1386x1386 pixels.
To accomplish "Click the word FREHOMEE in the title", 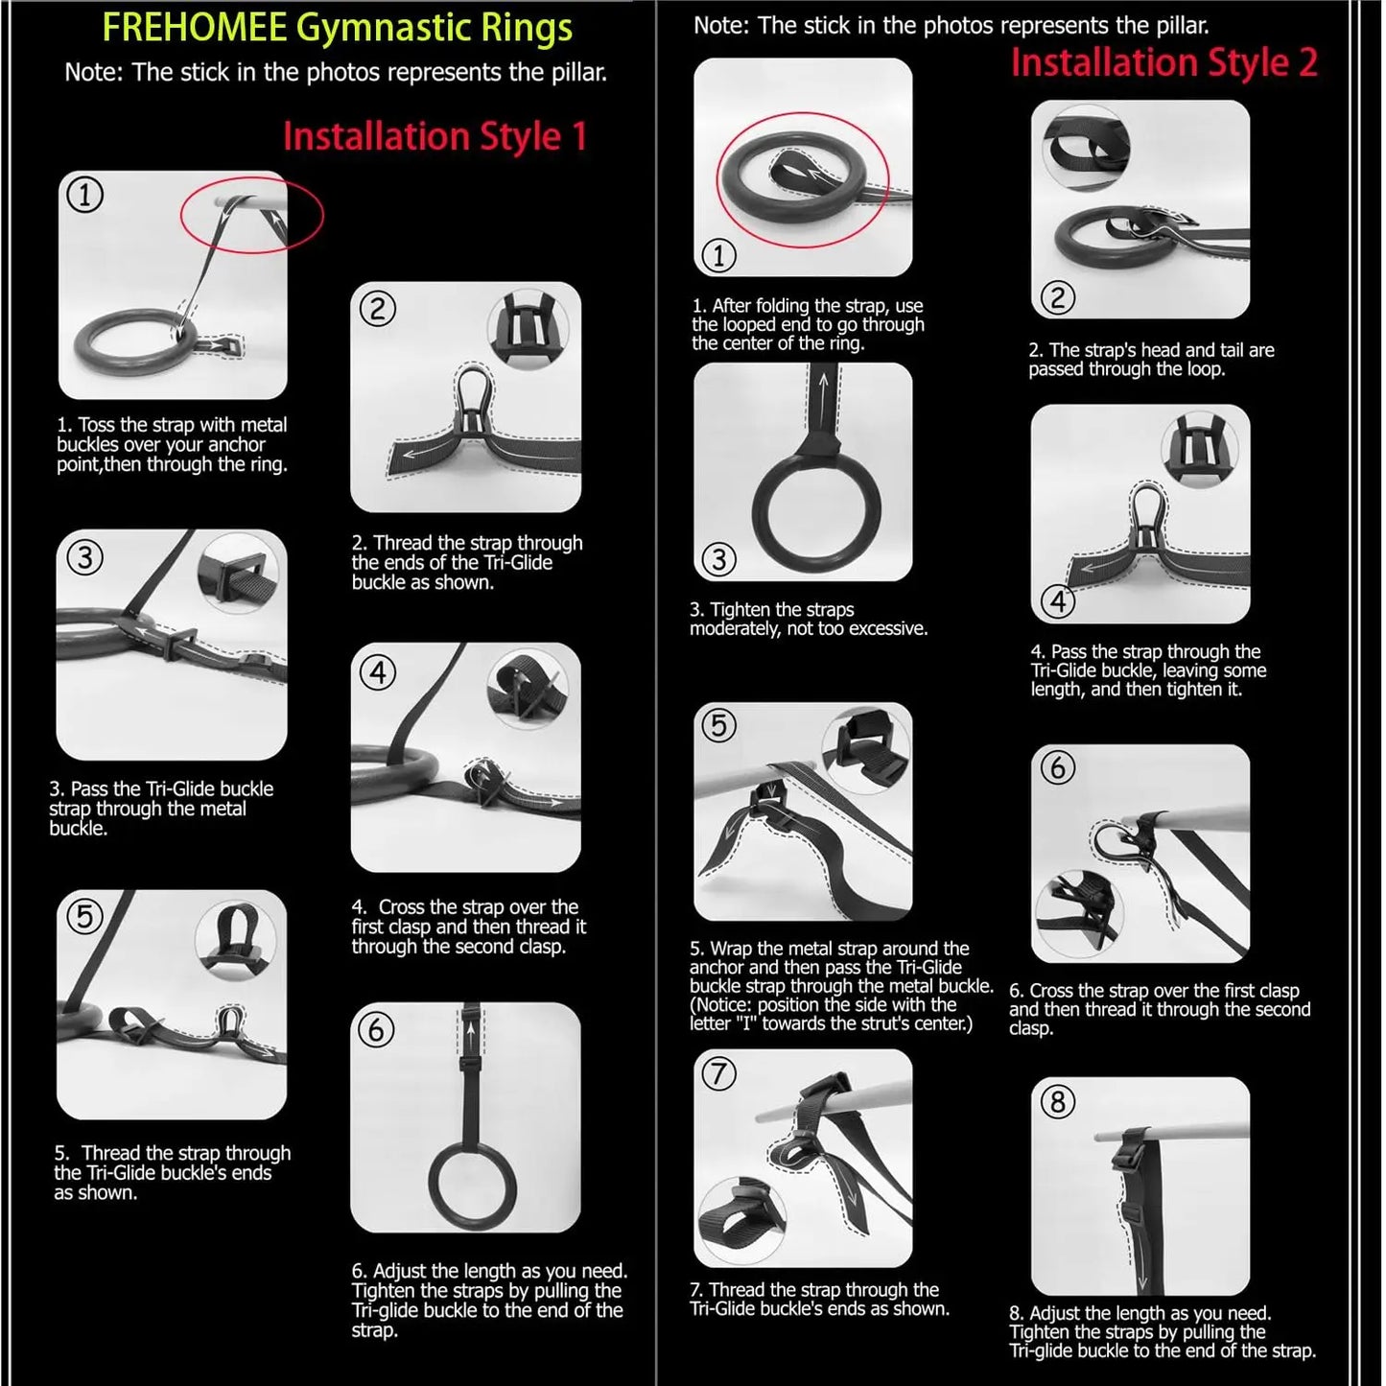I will click(194, 28).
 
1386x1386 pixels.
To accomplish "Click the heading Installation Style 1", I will click(434, 136).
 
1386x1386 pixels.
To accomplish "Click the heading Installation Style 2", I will click(1163, 63).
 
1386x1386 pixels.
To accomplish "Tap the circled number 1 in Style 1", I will click(84, 196).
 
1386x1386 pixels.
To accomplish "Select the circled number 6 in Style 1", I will click(376, 1029).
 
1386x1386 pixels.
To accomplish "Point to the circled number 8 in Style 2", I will click(1058, 1102).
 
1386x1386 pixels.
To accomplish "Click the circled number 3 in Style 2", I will click(719, 558).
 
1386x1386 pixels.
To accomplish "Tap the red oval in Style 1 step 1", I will click(251, 217).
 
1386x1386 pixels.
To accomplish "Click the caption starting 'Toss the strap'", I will click(172, 445).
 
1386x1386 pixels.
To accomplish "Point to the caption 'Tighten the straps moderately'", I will click(808, 620).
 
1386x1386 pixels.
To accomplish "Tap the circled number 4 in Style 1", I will click(378, 672).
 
